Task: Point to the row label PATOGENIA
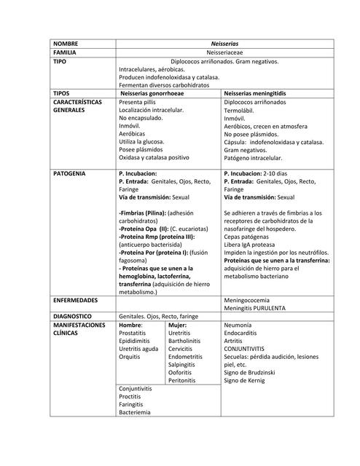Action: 69,174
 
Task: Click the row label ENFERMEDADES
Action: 77,299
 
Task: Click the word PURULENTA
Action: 281,308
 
